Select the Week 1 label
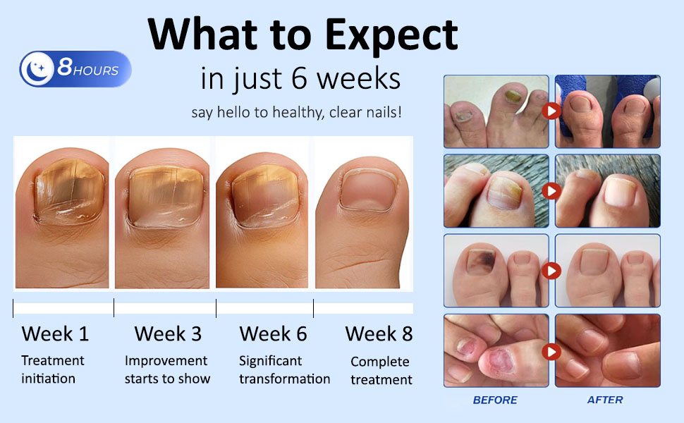point(55,333)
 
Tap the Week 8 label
point(379,333)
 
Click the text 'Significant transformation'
point(284,370)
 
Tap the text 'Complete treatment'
point(381,371)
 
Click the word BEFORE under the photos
point(495,400)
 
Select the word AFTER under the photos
point(605,400)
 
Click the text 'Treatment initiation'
point(52,369)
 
